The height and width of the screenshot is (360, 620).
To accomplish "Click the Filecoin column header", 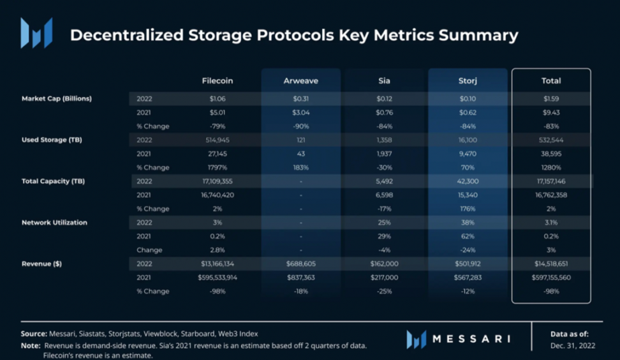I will pyautogui.click(x=217, y=81).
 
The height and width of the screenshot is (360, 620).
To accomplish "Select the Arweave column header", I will pyautogui.click(x=300, y=81).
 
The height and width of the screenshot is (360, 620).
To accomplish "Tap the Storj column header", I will pyautogui.click(x=468, y=81).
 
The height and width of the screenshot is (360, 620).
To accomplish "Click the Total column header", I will pyautogui.click(x=551, y=81).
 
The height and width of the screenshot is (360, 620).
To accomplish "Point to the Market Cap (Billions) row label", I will pyautogui.click(x=57, y=99).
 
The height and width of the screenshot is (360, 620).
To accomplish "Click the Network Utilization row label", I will pyautogui.click(x=54, y=223).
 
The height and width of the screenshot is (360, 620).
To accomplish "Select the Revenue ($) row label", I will pyautogui.click(x=42, y=264).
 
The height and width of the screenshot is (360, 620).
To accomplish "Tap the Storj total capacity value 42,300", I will pyautogui.click(x=468, y=182).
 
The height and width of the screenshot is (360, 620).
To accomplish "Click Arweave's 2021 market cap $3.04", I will pyautogui.click(x=300, y=113).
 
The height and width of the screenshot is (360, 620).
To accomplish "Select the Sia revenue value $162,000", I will pyautogui.click(x=384, y=264).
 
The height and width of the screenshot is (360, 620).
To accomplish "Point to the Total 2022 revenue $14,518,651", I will pyautogui.click(x=551, y=264).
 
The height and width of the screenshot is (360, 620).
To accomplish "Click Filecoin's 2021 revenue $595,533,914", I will pyautogui.click(x=217, y=278).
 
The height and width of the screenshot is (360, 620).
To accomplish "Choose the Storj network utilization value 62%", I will pyautogui.click(x=468, y=236).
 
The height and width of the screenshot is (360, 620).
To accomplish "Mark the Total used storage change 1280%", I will pyautogui.click(x=551, y=168).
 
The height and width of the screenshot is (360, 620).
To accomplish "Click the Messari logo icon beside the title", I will pyautogui.click(x=36, y=33).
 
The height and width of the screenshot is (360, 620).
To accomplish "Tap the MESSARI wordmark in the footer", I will pyautogui.click(x=471, y=338).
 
